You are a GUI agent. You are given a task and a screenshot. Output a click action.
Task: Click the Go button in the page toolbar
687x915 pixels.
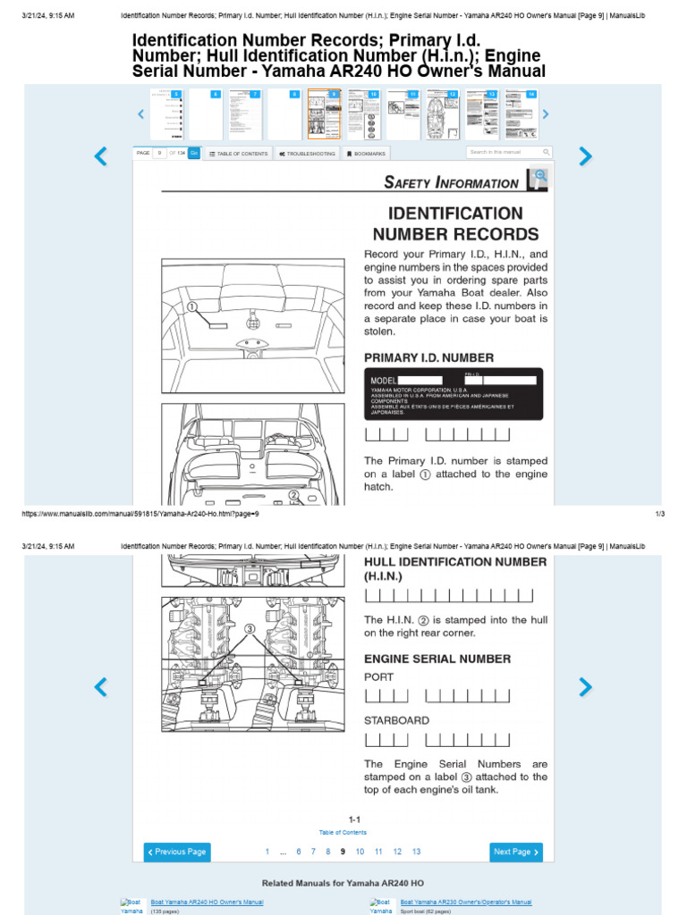[194, 153]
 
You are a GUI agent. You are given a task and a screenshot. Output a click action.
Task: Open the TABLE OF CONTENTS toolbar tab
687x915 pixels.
[238, 154]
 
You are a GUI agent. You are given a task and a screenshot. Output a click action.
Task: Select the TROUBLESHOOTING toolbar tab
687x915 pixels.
[307, 154]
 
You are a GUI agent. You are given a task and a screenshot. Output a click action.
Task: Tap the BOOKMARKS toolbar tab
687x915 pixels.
[367, 154]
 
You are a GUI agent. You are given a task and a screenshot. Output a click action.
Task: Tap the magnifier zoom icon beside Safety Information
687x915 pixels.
[538, 179]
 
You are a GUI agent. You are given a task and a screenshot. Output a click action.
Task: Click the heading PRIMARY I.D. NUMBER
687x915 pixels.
[428, 358]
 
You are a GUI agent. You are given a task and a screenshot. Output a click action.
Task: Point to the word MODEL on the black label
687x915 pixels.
[383, 381]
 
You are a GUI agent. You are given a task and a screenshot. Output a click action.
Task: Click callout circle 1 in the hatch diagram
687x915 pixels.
[191, 306]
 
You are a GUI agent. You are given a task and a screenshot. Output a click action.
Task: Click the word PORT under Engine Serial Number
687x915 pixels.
[378, 677]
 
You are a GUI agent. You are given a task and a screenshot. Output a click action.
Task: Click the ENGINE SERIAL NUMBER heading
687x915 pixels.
[437, 659]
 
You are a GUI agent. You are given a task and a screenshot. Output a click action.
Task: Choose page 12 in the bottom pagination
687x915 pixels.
[397, 852]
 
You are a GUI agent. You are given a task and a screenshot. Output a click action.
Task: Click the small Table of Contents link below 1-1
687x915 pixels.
[343, 832]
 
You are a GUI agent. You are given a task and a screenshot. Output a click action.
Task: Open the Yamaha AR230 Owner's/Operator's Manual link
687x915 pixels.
[465, 902]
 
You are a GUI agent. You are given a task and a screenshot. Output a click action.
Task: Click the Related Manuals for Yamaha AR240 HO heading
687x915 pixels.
[343, 883]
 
